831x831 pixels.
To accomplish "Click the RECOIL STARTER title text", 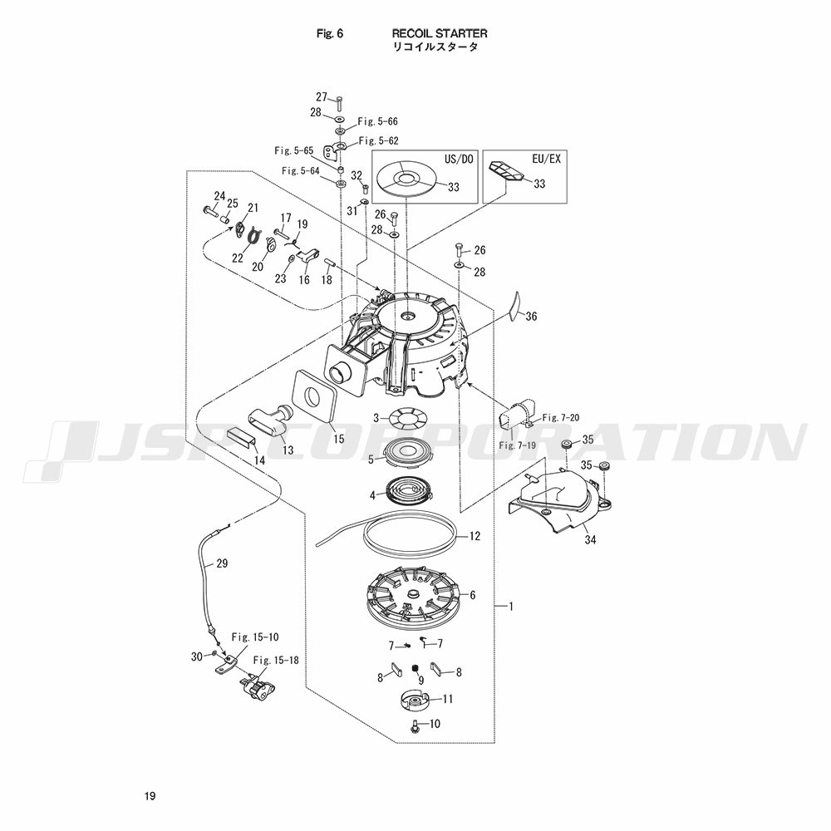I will click(440, 34).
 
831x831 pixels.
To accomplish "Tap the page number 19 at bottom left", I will click(149, 797).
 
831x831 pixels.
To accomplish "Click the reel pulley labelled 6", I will click(415, 593).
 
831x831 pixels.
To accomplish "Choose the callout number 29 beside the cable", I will click(221, 563).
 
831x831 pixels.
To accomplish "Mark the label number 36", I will click(532, 316).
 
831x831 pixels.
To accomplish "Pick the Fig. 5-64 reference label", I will click(300, 170).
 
